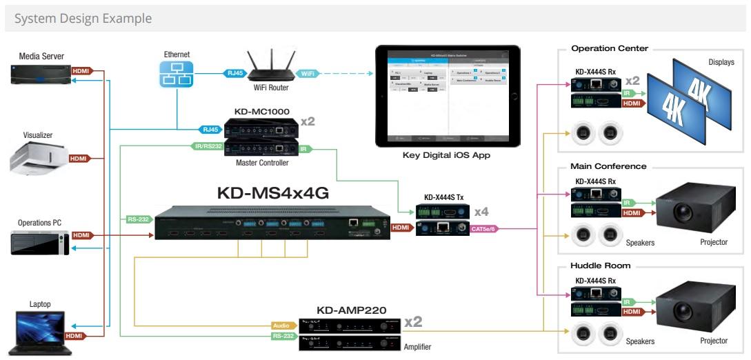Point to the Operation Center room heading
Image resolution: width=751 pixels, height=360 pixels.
click(x=610, y=49)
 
